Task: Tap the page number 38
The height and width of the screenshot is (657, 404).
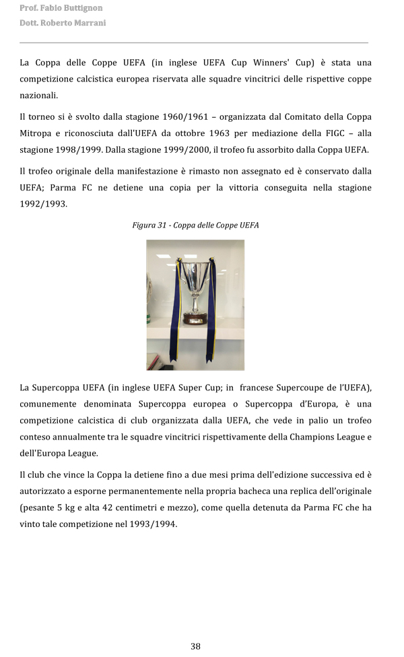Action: coord(195,646)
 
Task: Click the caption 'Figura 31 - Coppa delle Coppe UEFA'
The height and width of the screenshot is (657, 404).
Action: coord(195,225)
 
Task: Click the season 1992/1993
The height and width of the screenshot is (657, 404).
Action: coord(43,203)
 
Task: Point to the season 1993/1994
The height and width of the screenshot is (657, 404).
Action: coord(154,524)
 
